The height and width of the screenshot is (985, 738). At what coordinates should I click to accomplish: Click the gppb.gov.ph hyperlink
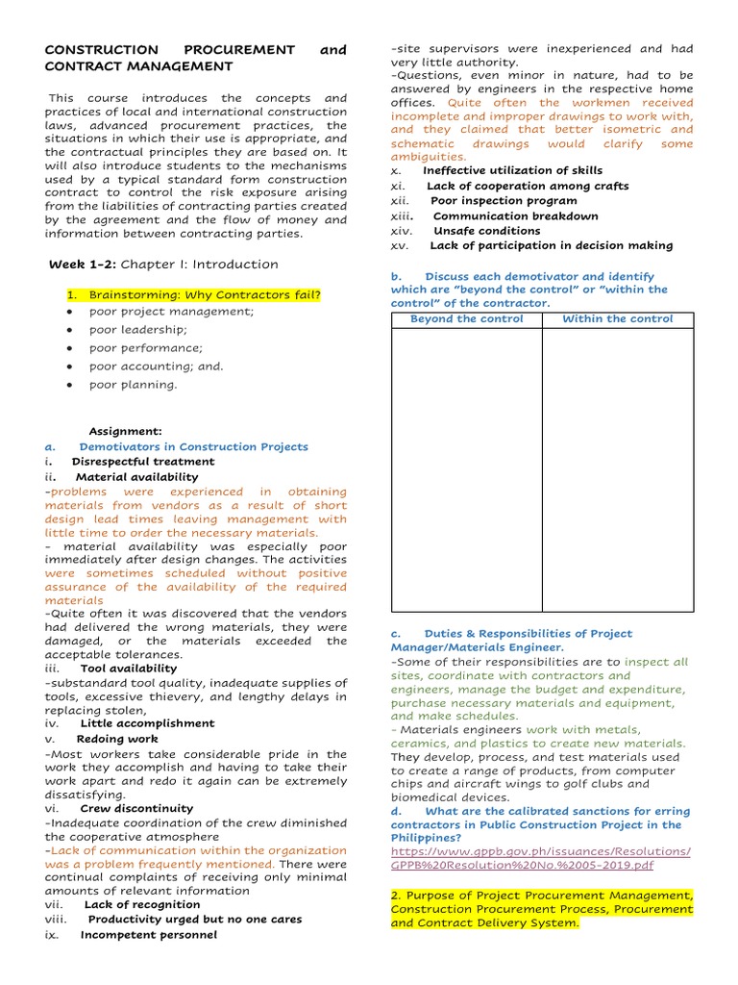tap(540, 858)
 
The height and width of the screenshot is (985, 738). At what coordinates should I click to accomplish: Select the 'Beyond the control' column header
tap(466, 318)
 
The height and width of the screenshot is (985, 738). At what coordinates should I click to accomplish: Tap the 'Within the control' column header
tap(617, 318)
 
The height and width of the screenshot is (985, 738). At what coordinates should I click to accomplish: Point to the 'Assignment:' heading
tap(125, 432)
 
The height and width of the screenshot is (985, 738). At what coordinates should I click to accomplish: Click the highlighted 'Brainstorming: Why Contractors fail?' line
tap(205, 294)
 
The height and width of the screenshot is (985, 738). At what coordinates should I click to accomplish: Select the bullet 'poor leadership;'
tap(137, 330)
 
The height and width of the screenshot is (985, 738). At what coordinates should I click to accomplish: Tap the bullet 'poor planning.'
tap(133, 385)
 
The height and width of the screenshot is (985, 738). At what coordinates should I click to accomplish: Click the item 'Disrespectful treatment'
tap(143, 462)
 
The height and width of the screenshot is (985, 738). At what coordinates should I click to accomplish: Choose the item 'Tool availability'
tap(129, 669)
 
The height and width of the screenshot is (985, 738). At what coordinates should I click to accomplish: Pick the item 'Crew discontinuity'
tap(136, 809)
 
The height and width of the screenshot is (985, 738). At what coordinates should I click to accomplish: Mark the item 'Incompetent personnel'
tap(148, 935)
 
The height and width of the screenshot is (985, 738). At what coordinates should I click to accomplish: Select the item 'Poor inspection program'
tap(504, 201)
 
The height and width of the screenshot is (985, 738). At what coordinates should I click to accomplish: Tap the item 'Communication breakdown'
tap(515, 216)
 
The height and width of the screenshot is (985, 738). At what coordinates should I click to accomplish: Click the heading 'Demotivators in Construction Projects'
tap(193, 447)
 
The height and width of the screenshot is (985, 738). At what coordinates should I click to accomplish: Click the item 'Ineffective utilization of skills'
tap(513, 171)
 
